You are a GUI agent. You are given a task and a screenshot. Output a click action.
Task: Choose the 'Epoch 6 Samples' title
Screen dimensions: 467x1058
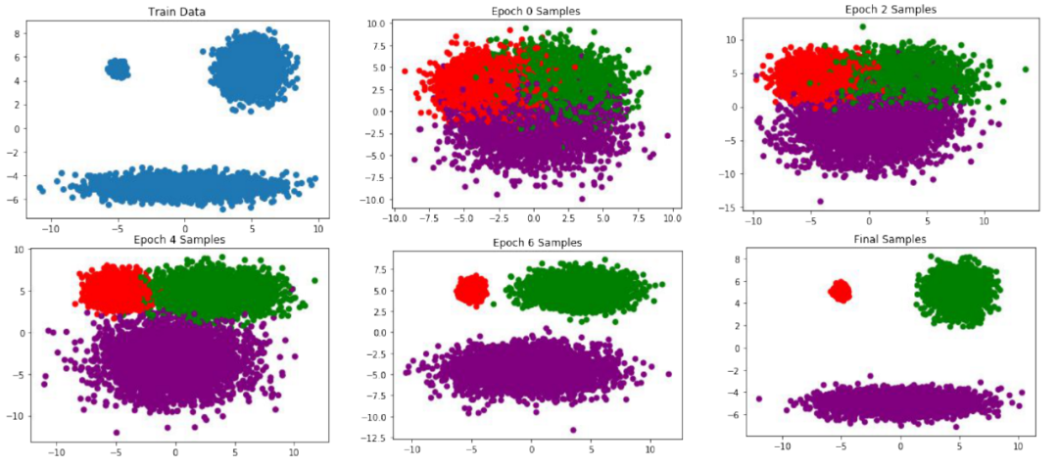533,242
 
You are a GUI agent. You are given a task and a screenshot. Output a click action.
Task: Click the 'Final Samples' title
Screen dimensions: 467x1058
889,238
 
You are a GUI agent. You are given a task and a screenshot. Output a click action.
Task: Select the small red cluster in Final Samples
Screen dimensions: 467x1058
841,291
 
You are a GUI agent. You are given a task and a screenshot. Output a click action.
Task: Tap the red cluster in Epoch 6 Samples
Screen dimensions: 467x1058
472,290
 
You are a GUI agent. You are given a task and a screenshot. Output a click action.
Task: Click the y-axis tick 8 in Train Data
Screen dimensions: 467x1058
17,33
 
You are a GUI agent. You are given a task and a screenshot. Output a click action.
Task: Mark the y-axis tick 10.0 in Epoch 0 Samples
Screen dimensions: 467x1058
376,22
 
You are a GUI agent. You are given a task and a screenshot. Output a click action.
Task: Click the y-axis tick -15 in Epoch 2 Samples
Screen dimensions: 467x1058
732,209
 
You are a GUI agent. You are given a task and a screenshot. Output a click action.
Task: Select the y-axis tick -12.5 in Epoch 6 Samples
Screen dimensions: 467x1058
372,437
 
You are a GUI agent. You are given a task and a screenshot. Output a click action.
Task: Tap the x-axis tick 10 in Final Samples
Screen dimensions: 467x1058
1019,446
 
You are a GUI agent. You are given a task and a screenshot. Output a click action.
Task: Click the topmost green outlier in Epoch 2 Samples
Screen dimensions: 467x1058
863,26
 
